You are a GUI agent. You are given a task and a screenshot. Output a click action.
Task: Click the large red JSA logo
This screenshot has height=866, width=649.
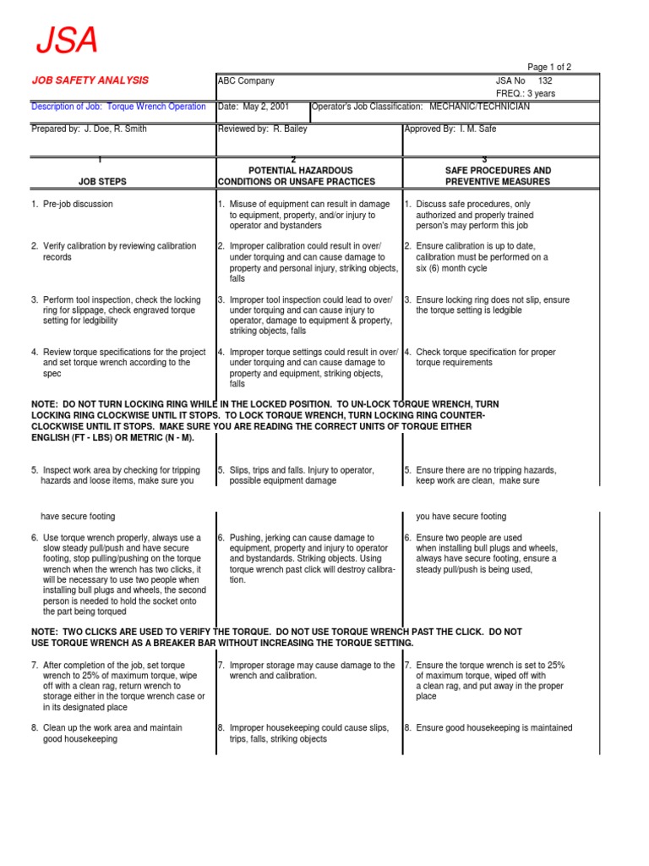coord(66,41)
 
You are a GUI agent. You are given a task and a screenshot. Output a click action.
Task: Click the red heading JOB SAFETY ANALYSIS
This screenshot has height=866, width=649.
coord(90,80)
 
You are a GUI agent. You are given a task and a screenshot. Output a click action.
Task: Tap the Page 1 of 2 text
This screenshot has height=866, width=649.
coord(549,67)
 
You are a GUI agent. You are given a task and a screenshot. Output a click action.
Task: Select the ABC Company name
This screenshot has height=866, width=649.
coord(246,81)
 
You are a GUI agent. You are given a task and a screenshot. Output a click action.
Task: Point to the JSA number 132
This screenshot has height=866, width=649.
coord(546,81)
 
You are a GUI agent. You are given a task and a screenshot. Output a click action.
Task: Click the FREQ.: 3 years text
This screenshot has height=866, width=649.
coord(525,94)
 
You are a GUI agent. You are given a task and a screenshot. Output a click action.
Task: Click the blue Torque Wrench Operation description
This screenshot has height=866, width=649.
coord(155,107)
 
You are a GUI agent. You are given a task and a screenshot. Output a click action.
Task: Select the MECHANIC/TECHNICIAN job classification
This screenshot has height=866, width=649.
coord(479,107)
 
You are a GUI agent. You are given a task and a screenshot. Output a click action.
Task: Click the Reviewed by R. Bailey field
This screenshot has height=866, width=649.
coord(262,129)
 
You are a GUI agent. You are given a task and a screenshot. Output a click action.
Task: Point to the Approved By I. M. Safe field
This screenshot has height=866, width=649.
coord(450,129)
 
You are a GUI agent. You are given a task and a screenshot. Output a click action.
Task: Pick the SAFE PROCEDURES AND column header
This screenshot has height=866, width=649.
coord(498,171)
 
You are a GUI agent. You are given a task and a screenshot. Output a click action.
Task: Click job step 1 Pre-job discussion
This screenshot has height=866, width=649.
coord(77,205)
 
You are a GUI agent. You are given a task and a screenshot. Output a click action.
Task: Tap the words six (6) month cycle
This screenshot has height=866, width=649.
coord(452,268)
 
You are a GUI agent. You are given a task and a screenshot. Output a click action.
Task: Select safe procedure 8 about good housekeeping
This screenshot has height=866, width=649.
coord(494,728)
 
